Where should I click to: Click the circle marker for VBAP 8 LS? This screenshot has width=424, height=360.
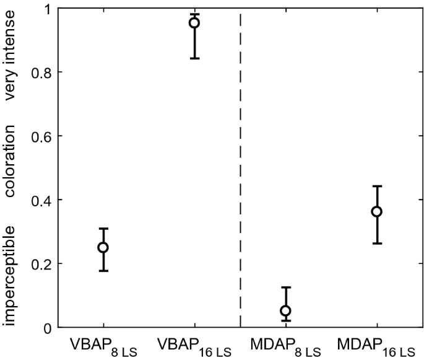point(103,247)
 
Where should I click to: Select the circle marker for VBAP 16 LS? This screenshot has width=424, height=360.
point(194,23)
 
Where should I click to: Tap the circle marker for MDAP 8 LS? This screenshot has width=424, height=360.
point(285,310)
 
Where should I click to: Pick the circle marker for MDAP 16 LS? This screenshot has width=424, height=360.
point(376,211)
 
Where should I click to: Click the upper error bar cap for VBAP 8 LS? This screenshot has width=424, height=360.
point(103,229)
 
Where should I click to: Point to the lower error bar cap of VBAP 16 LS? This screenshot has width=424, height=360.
point(194,58)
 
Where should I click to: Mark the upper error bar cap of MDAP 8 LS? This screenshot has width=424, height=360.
point(285,288)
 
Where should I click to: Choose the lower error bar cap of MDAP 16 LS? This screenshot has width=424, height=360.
point(376,243)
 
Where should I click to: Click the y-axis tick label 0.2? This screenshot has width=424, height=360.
point(44,263)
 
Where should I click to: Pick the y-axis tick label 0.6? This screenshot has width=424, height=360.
point(44,136)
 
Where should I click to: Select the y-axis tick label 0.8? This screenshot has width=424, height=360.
point(44,72)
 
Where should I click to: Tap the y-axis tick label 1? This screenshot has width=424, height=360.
point(48,9)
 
